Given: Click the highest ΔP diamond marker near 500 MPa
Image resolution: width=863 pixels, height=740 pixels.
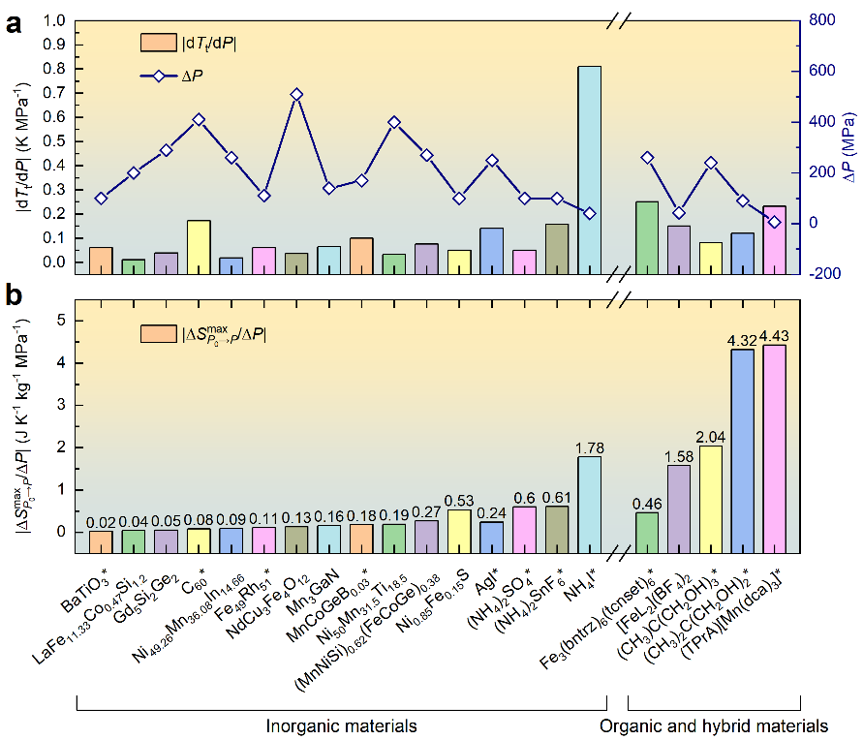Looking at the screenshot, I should (x=296, y=94).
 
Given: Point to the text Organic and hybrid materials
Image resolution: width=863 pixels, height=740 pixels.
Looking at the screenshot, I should (x=714, y=725).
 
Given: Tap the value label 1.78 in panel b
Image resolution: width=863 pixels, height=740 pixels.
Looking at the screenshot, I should (x=588, y=447).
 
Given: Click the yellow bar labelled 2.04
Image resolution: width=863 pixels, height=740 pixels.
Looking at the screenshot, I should (x=711, y=488).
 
